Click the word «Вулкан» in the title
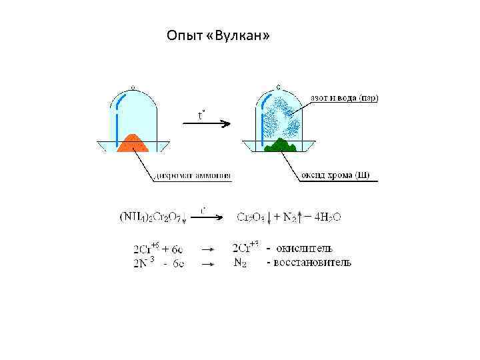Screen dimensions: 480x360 (x=245, y=35)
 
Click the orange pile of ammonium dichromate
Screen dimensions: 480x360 (x=132, y=143)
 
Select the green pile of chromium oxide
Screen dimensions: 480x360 (x=280, y=145)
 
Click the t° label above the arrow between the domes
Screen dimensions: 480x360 (x=201, y=116)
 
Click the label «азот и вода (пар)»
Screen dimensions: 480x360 (x=344, y=98)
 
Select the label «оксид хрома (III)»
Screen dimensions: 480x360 (x=335, y=176)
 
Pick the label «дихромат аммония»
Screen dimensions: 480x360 (x=193, y=177)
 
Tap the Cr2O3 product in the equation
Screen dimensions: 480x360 (x=251, y=217)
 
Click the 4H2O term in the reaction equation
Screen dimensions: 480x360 (x=327, y=217)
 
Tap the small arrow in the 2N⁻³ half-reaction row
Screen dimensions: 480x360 (x=207, y=264)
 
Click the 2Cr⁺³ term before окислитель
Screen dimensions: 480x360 (x=246, y=249)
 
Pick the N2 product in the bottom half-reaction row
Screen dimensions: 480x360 (x=241, y=263)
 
